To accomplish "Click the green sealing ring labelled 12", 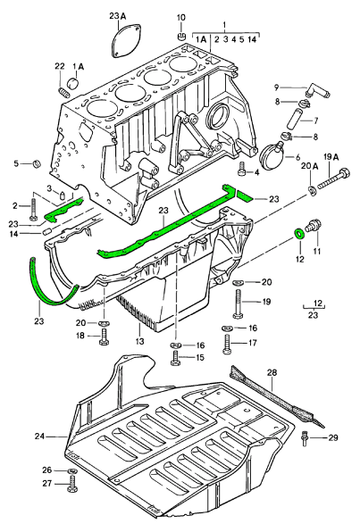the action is pos(299,234).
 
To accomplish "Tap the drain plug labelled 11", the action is pos(314,226).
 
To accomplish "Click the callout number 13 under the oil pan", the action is pos(139,341).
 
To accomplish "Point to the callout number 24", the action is pos(39,437).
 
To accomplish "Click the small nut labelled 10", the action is pos(181,36).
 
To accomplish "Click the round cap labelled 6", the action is pos(272,156).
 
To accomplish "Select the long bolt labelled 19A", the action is pos(333,179).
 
